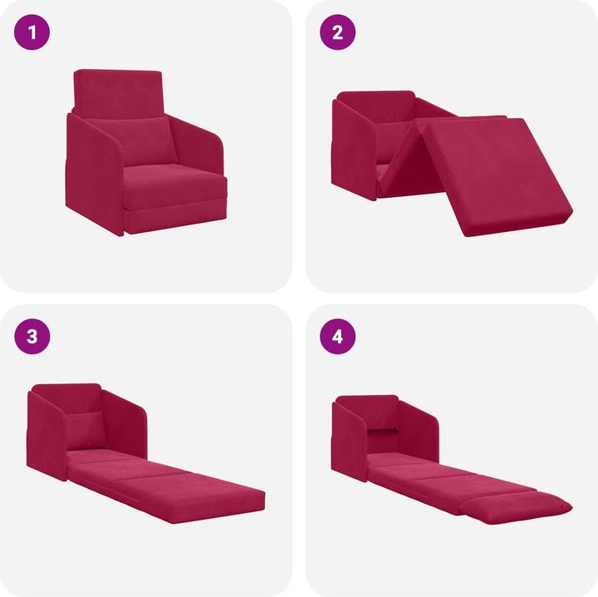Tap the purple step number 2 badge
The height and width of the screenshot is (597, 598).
[x=337, y=33]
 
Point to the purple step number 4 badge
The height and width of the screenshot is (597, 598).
[x=337, y=337]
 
